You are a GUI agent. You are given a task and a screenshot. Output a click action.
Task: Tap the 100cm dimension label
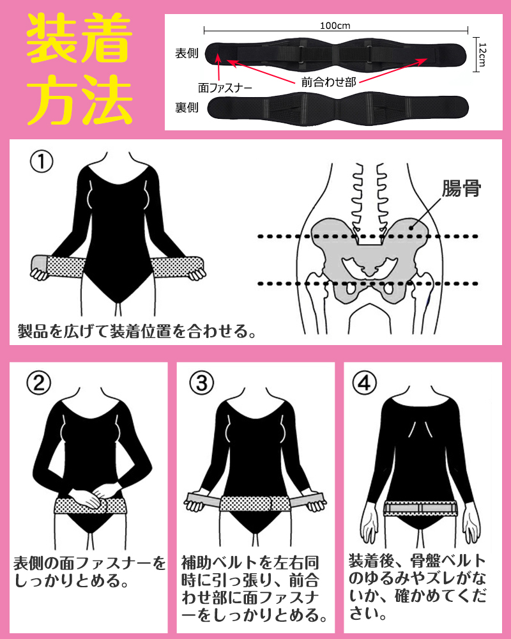point(335,26)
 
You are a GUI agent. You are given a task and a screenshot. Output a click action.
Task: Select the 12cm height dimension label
point(482,54)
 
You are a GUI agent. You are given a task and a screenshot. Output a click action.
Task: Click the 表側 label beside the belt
point(187,54)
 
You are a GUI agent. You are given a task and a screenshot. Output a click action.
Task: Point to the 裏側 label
point(187,107)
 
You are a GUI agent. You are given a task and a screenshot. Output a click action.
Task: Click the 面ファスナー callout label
point(225,88)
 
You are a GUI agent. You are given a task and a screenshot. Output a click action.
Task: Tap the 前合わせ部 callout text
point(328,82)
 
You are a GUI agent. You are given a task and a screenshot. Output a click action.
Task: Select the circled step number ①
point(42,162)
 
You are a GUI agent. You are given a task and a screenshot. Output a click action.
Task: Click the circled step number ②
point(39,383)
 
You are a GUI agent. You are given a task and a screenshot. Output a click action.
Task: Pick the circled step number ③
point(202,383)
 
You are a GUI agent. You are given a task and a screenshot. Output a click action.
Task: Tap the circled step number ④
point(364,383)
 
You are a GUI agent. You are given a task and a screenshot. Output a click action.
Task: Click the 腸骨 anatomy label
point(461,189)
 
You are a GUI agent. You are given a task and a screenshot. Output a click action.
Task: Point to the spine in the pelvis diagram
point(369,199)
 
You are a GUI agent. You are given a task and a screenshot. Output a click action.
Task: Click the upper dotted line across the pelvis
point(368,236)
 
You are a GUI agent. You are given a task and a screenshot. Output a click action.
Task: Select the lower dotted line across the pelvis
point(368,284)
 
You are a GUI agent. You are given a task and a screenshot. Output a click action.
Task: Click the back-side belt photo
point(338,109)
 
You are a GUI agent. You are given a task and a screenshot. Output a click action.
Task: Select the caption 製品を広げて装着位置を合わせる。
point(137,331)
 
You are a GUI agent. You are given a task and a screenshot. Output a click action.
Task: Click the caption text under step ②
point(89,572)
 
